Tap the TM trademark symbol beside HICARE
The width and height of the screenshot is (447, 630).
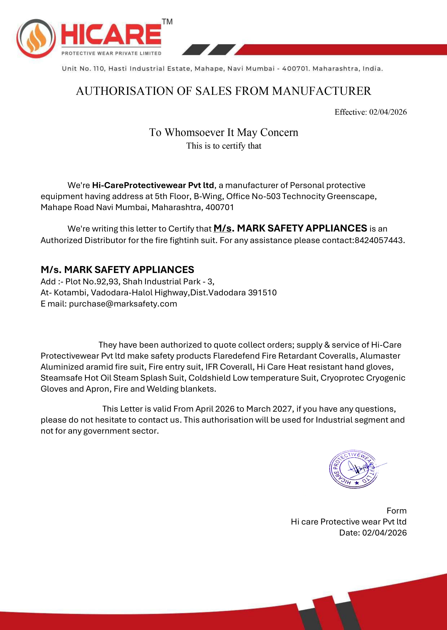tap(167, 22)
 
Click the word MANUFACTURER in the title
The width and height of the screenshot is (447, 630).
tap(321, 91)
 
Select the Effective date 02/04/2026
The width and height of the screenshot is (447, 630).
tap(388, 112)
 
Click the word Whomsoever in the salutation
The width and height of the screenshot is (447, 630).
tap(194, 132)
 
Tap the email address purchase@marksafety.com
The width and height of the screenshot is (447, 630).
tap(123, 304)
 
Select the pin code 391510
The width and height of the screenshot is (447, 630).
tap(262, 292)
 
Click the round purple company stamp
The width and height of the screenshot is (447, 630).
tap(354, 469)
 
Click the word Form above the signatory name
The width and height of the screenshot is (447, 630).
tap(396, 511)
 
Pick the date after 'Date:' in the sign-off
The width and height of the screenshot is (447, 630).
tap(384, 533)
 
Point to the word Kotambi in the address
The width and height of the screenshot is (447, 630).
tap(70, 292)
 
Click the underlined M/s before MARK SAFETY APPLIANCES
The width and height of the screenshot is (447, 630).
tap(222, 228)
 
